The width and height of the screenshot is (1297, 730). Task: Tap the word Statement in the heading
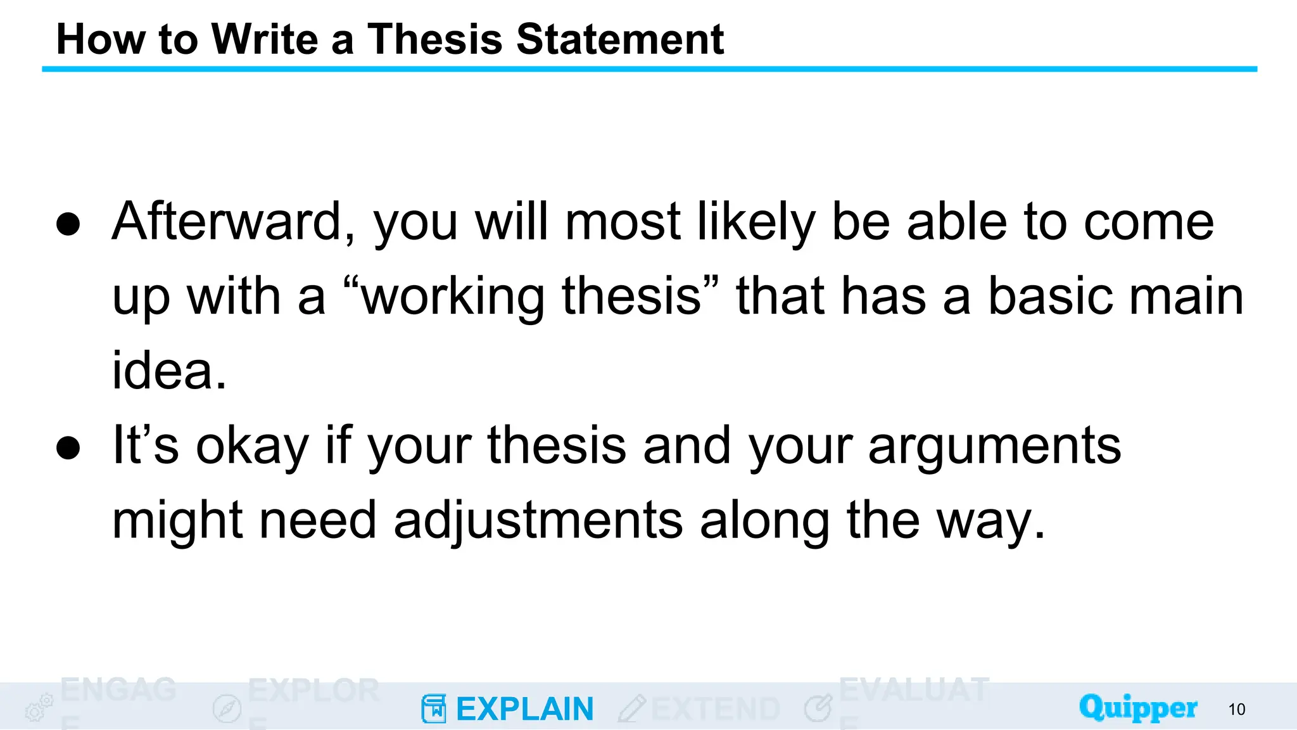point(620,39)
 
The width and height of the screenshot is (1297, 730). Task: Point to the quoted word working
point(453,297)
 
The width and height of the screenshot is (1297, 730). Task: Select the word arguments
point(995,446)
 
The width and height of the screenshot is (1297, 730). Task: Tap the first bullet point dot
point(68,224)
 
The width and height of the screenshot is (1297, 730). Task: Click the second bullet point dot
point(68,447)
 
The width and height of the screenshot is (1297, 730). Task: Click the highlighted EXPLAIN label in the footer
point(524,709)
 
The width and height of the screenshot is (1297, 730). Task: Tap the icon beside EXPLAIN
point(434,708)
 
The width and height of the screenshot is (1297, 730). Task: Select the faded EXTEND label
point(716,709)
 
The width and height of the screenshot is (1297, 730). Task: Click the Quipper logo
point(1138,708)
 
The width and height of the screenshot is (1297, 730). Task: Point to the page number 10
point(1236,710)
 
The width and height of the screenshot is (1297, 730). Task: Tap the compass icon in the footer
point(227,708)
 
